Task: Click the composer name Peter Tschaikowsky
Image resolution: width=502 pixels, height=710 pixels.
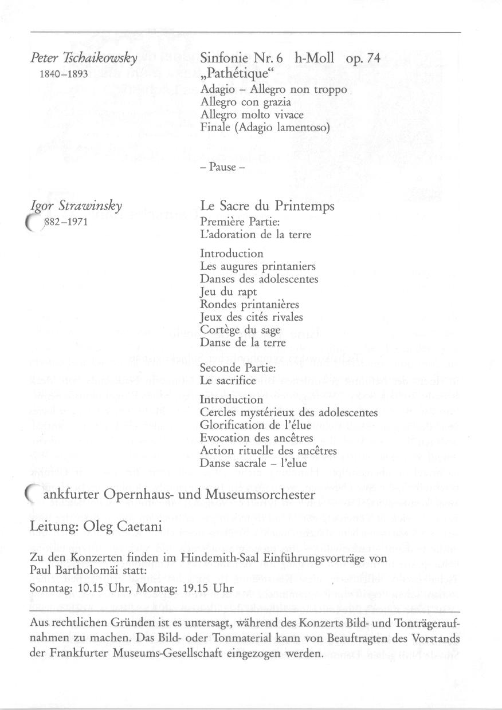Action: tap(84, 58)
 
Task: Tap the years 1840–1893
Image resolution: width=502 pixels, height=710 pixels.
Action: tap(63, 74)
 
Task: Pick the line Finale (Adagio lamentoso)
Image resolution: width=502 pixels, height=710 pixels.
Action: tap(265, 127)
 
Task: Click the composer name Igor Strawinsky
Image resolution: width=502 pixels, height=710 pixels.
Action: tap(76, 206)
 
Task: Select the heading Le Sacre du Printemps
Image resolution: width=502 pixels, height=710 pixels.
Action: tap(267, 206)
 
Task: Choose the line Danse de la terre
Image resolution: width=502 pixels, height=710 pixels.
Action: tap(242, 342)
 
